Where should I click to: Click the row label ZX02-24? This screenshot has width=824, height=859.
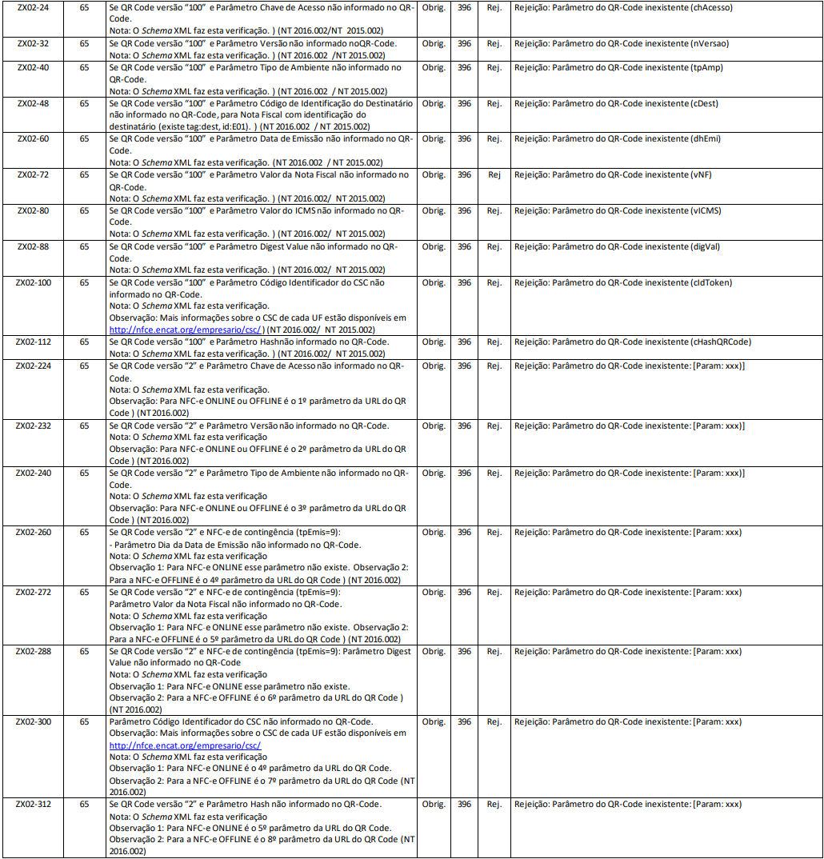click(x=33, y=7)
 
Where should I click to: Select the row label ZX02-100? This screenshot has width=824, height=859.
click(x=33, y=282)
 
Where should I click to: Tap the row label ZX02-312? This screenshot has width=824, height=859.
click(x=33, y=804)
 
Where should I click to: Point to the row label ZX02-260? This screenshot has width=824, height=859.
click(x=33, y=532)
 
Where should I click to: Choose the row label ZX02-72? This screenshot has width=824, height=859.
click(x=33, y=174)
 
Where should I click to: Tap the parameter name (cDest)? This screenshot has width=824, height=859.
click(x=706, y=103)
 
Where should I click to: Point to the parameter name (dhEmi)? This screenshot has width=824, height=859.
click(x=706, y=138)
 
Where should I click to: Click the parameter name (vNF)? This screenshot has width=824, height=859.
click(x=702, y=174)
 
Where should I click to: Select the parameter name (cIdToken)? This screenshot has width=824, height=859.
click(x=711, y=282)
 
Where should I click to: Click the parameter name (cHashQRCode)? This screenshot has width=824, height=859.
click(x=721, y=342)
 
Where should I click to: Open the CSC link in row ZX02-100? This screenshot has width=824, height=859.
click(x=186, y=330)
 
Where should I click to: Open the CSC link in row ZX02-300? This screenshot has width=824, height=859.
click(x=186, y=745)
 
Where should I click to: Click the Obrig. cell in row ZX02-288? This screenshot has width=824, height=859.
click(x=434, y=651)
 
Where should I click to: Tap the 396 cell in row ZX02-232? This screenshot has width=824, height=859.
click(x=464, y=426)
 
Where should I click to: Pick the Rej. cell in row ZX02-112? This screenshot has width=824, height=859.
click(x=494, y=342)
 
